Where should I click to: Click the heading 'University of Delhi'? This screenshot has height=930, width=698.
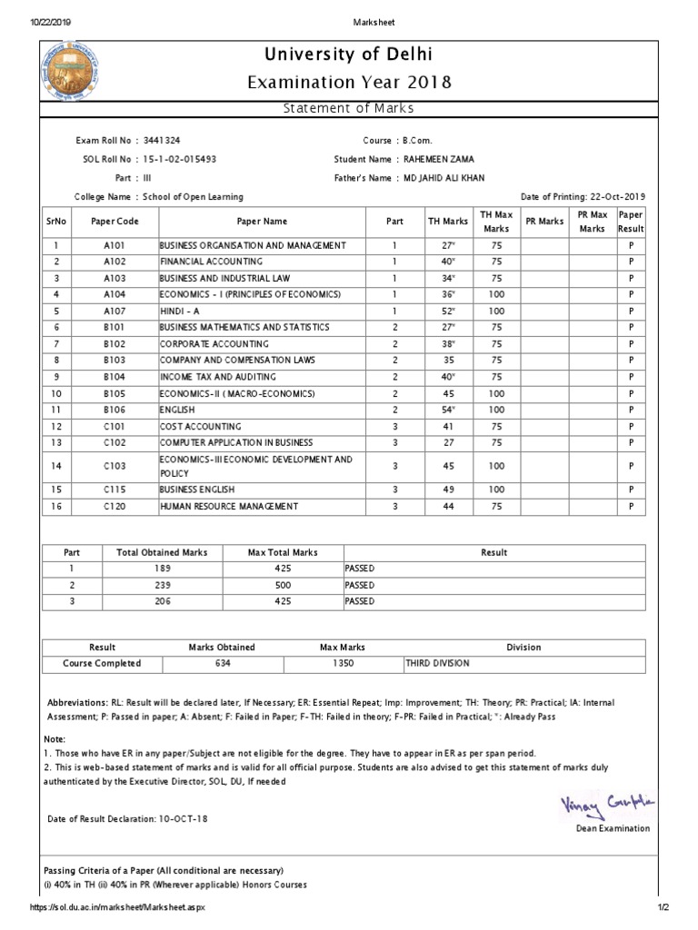[349, 56]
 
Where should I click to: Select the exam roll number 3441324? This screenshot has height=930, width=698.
[161, 141]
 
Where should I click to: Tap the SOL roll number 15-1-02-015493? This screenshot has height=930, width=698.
[180, 159]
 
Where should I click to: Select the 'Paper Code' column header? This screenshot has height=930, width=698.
[115, 221]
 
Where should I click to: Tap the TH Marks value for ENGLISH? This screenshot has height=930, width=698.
[447, 410]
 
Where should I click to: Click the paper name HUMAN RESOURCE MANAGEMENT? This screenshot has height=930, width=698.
[228, 506]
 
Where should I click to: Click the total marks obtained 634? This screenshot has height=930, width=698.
[222, 663]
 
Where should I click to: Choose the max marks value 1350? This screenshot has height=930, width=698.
[342, 663]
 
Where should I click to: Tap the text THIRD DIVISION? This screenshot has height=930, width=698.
[438, 663]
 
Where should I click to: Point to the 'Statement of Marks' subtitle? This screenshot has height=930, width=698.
[349, 109]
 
